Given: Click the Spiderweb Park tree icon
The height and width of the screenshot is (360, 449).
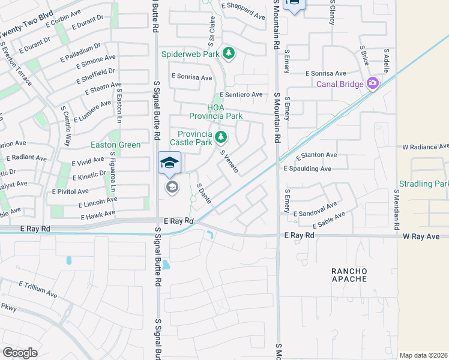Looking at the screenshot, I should click(229, 54).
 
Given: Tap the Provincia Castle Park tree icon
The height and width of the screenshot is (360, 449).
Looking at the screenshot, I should click(221, 138).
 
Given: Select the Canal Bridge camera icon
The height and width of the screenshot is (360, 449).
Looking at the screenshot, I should click(372, 83).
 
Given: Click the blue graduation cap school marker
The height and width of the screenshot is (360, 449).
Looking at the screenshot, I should click(169, 163).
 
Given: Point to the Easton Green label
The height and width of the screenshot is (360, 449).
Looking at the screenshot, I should click(115, 145).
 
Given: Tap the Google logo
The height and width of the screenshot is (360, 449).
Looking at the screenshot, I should click(20, 353).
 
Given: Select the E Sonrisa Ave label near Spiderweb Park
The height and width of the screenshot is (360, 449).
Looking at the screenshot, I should click(192, 77).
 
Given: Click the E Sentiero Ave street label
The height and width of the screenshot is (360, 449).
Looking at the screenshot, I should click(241, 95).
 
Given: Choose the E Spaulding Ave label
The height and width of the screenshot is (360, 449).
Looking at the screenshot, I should click(307, 169).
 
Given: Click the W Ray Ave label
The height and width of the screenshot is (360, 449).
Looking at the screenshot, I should click(421, 236).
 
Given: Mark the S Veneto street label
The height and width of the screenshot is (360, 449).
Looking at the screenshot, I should click(229, 161).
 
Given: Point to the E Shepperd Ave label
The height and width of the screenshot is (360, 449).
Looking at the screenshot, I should click(243, 16).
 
